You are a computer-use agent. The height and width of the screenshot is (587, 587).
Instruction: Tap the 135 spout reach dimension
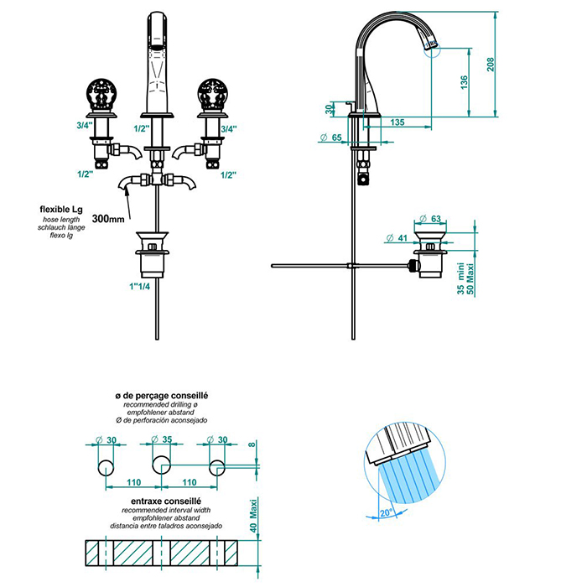397,122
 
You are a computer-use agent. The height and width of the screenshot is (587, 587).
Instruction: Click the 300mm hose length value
110,218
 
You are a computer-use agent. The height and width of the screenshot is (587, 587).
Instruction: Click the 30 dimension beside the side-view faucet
330,109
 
